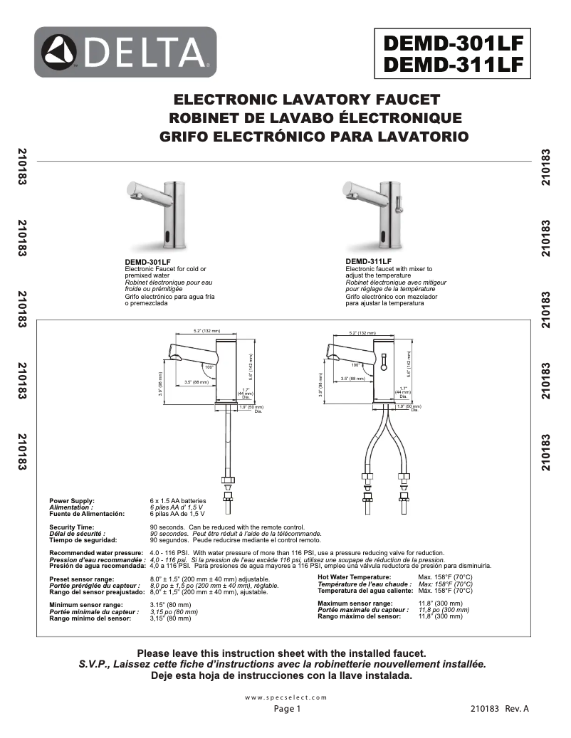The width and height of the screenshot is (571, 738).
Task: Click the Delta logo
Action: pyautogui.click(x=125, y=52)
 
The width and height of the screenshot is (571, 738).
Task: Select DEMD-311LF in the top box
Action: pyautogui.click(x=454, y=64)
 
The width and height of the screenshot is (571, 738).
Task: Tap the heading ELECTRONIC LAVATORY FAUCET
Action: pyautogui.click(x=308, y=99)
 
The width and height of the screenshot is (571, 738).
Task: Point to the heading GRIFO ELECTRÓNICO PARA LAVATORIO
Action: pyautogui.click(x=314, y=135)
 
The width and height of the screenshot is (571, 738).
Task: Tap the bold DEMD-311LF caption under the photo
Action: pyautogui.click(x=364, y=262)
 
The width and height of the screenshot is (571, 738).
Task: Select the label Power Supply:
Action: pyautogui.click(x=72, y=501)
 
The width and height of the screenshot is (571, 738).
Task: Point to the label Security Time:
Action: pyautogui.click(x=72, y=527)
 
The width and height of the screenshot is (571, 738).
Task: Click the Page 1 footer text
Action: pyautogui.click(x=288, y=709)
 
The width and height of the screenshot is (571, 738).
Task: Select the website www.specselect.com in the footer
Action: pyautogui.click(x=285, y=697)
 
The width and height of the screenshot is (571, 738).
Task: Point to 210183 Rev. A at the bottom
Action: pyautogui.click(x=500, y=709)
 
